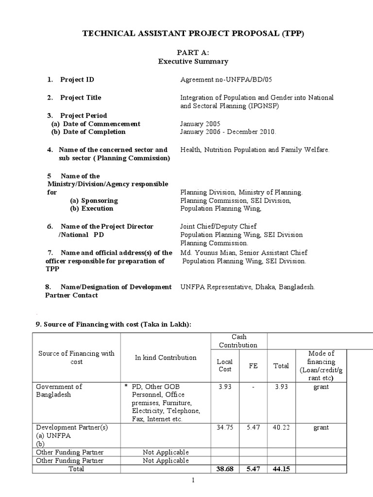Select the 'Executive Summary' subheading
pyautogui.click(x=193, y=62)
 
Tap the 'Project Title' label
pyautogui.click(x=81, y=98)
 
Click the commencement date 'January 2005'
pyautogui.click(x=200, y=124)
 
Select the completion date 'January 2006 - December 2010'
pyautogui.click(x=228, y=132)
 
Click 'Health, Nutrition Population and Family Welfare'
pyautogui.click(x=254, y=150)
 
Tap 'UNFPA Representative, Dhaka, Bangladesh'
pyautogui.click(x=248, y=287)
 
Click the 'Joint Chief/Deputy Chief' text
pyautogui.click(x=218, y=227)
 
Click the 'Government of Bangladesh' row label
pyautogui.click(x=59, y=391)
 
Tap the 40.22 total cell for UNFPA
pyautogui.click(x=281, y=428)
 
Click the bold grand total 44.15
pyautogui.click(x=281, y=469)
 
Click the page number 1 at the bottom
pyautogui.click(x=193, y=480)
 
